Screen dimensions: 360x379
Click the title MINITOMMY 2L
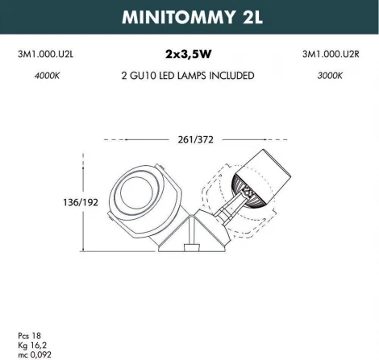[189, 19]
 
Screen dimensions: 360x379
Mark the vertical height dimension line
[85, 202]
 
